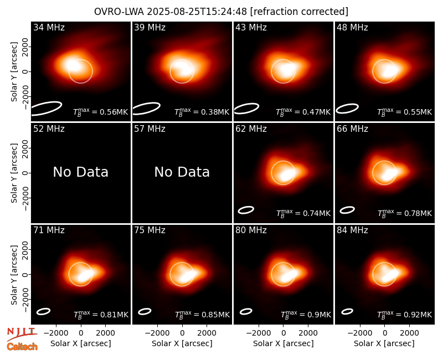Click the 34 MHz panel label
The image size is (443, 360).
point(49,27)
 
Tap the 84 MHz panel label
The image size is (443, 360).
point(352,230)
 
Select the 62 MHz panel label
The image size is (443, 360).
point(251,129)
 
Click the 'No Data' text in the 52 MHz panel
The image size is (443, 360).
point(81,172)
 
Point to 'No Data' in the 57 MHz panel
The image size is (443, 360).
point(182,172)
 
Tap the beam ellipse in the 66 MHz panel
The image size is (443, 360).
point(347,210)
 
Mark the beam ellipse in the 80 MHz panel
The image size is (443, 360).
point(246,311)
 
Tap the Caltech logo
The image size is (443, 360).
point(22,347)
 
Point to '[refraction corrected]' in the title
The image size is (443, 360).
point(299,12)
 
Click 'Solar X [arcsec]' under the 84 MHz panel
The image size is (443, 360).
point(384,343)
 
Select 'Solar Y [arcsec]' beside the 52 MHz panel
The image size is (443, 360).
point(14,173)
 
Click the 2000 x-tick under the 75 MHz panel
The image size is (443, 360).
point(207,333)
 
